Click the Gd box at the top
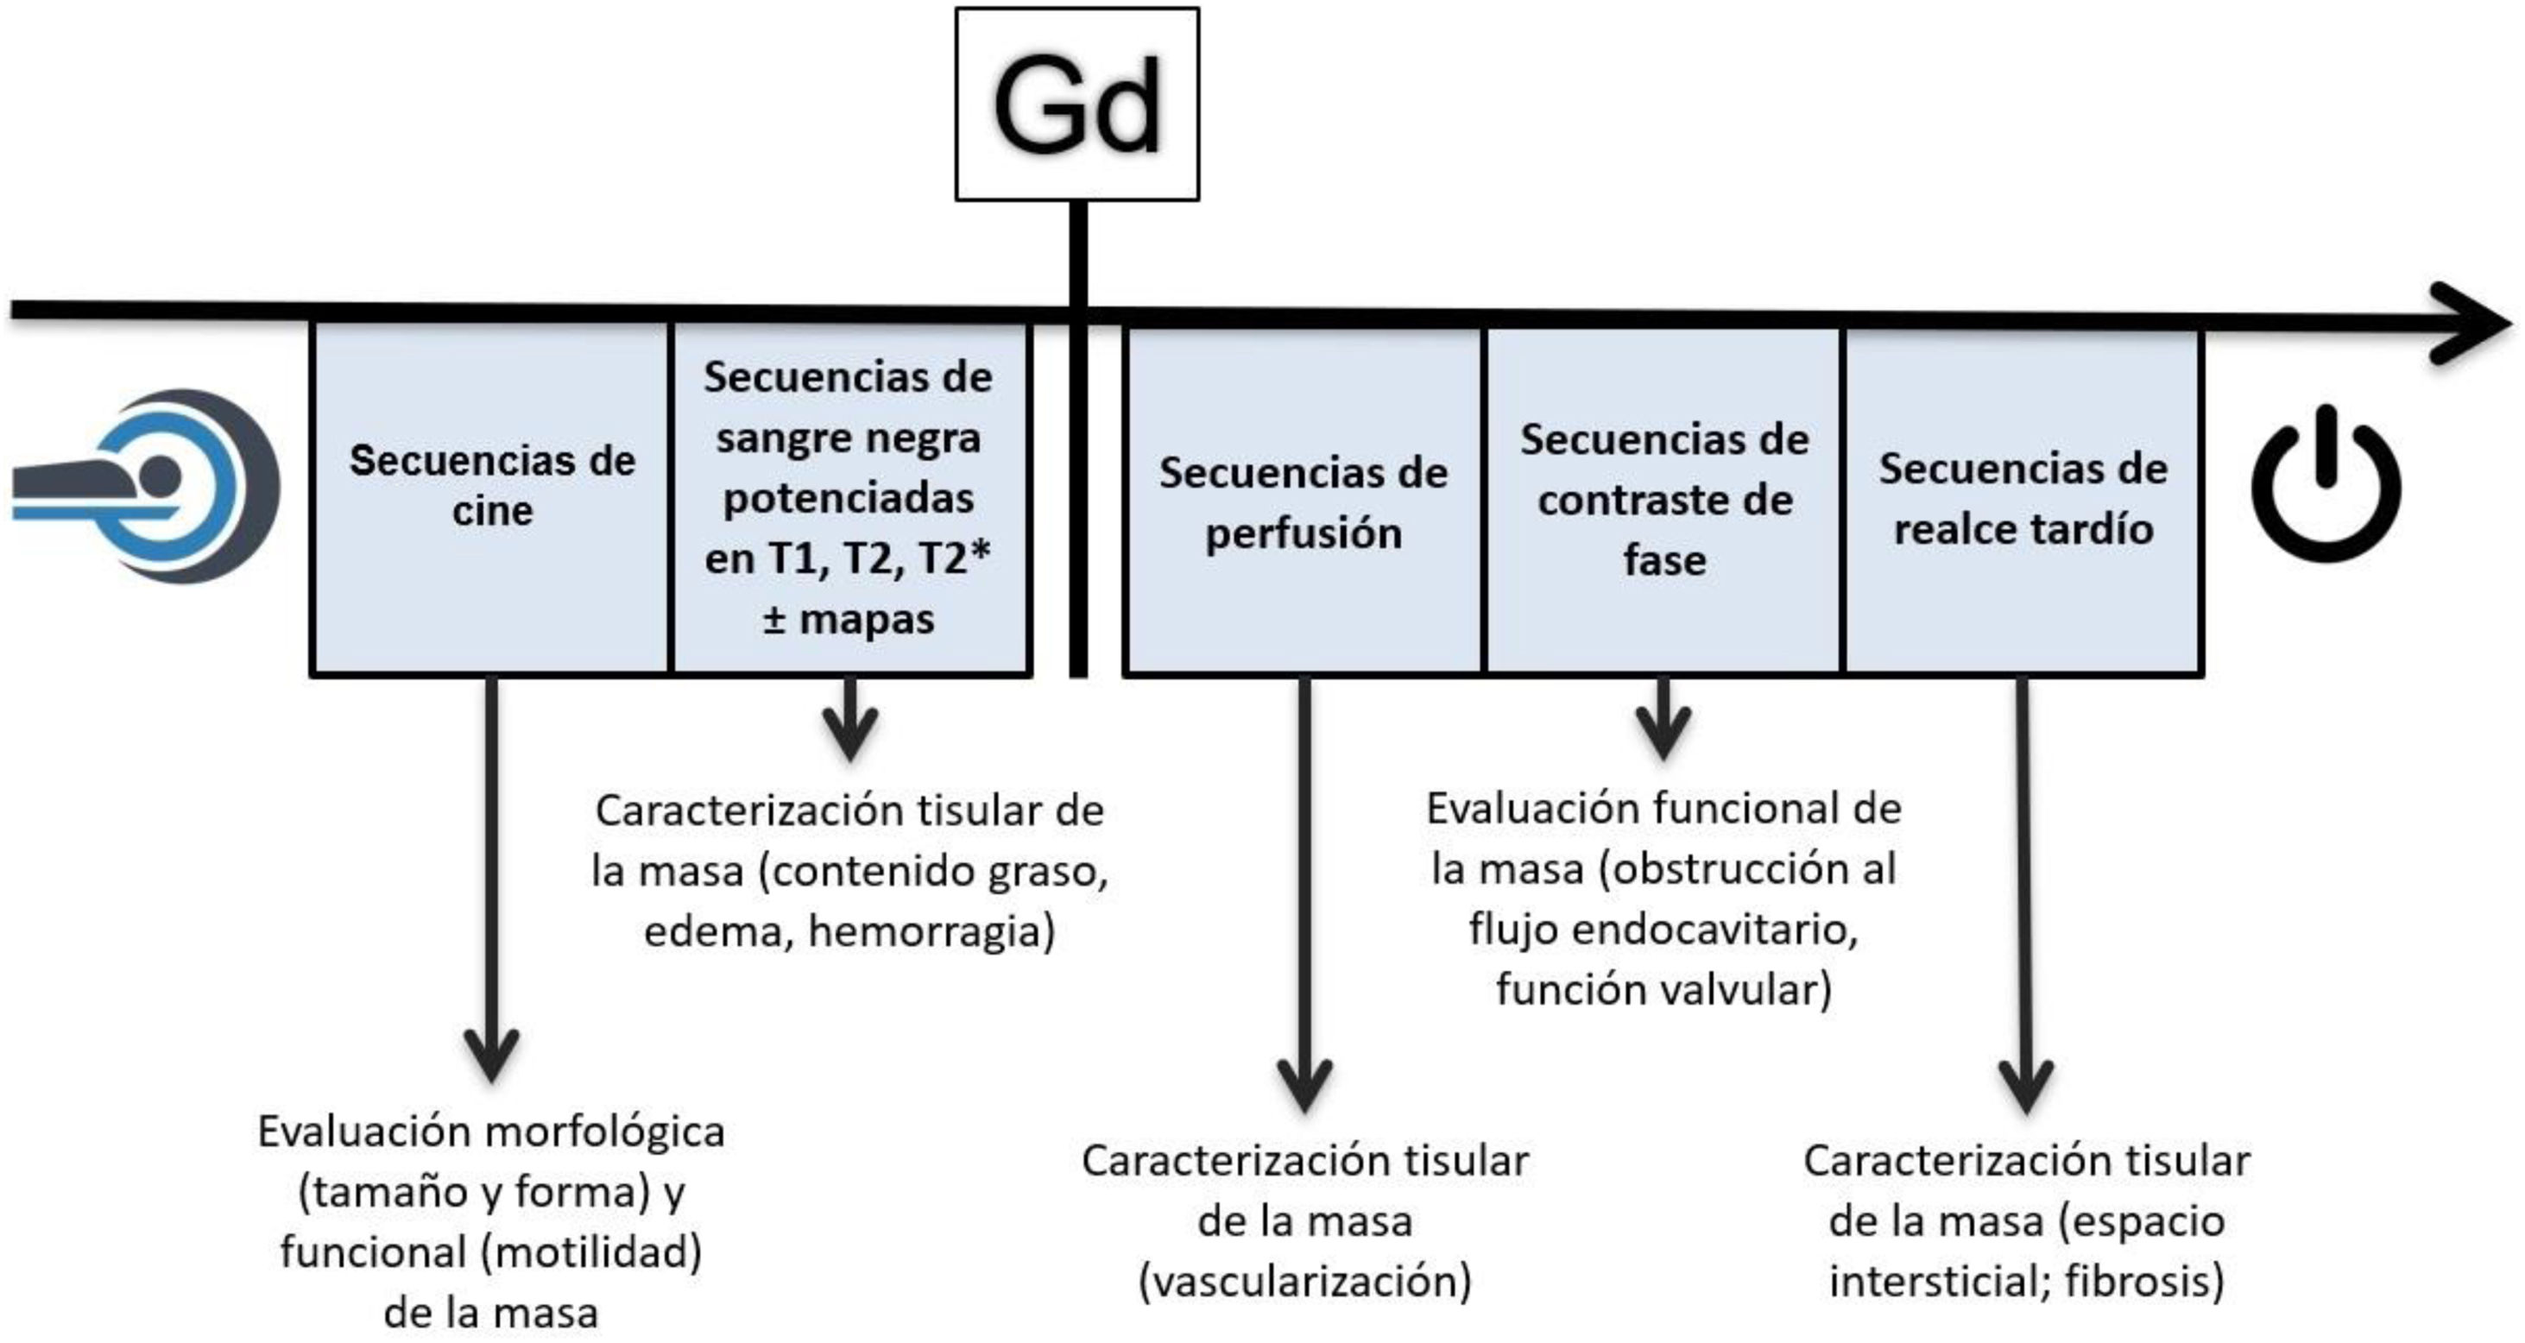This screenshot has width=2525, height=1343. (x=1076, y=104)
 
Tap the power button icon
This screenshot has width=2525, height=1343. (x=2325, y=485)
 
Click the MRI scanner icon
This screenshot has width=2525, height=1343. (x=147, y=485)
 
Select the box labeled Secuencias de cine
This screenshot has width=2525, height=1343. (x=491, y=497)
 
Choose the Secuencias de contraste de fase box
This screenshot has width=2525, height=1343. (x=1663, y=500)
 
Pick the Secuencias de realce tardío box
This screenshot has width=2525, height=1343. (x=2023, y=500)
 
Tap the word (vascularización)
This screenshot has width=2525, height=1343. (x=1304, y=1281)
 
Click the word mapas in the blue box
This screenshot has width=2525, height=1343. (x=867, y=620)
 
